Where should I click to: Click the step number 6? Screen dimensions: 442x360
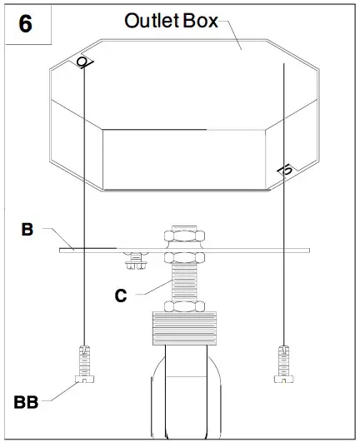tap(25, 23)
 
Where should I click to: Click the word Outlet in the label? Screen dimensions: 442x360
tap(151, 22)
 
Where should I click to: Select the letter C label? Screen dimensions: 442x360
tap(121, 295)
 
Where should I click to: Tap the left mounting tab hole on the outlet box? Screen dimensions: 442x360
tap(84, 62)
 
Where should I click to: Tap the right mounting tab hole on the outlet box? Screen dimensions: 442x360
tap(285, 170)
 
